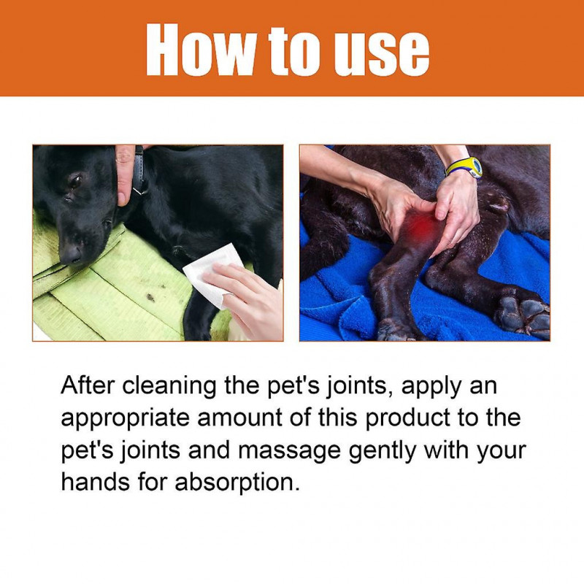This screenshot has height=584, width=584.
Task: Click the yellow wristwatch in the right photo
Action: (465, 167)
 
